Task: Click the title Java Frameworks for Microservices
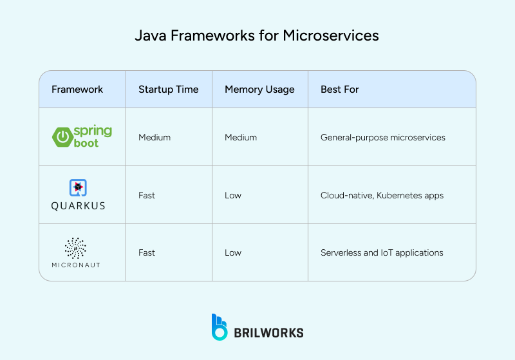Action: [x=257, y=35]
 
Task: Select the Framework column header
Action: [x=77, y=90]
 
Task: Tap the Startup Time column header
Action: [x=168, y=90]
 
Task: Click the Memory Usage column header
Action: [x=259, y=90]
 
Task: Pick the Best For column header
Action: [x=339, y=90]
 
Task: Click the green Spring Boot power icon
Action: [x=62, y=137]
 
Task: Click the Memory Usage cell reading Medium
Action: [x=240, y=137]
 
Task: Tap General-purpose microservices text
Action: [x=382, y=137]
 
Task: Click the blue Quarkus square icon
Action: [x=78, y=187]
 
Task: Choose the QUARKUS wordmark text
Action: [x=78, y=206]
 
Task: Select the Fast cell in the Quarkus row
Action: [x=147, y=195]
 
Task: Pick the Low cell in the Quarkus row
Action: [x=232, y=195]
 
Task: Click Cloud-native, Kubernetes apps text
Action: [x=382, y=195]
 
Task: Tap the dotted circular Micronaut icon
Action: [x=76, y=248]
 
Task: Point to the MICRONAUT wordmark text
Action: [x=76, y=265]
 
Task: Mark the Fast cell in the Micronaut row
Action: [x=147, y=252]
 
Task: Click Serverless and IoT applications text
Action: [x=382, y=252]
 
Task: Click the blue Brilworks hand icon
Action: [x=220, y=327]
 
